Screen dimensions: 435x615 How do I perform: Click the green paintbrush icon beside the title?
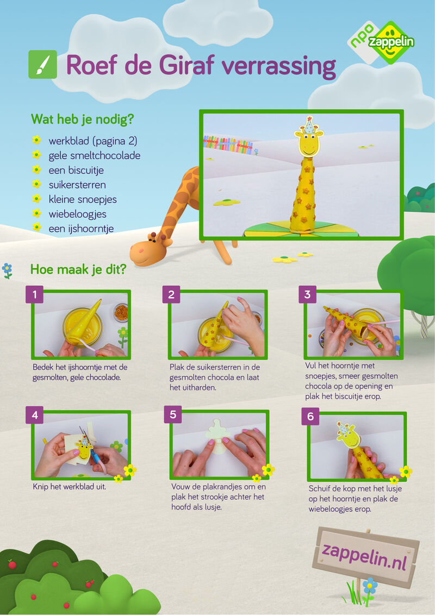click(x=42, y=64)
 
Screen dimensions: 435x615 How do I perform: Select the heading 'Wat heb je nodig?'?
click(x=83, y=119)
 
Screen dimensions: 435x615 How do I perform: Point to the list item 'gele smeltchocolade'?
click(x=94, y=156)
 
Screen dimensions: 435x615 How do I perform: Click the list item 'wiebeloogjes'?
click(x=77, y=214)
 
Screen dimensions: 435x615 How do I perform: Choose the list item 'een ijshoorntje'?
click(x=81, y=229)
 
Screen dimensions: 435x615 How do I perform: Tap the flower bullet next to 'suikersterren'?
click(x=36, y=184)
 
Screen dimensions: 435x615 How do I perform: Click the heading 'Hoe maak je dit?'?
click(x=78, y=269)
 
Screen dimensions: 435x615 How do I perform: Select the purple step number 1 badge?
click(x=35, y=294)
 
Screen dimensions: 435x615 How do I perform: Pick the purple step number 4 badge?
click(x=35, y=415)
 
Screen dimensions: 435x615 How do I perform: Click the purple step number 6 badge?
click(x=310, y=416)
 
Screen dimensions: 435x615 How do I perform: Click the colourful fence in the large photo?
click(x=228, y=145)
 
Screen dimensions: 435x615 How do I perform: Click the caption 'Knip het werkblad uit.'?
click(x=70, y=487)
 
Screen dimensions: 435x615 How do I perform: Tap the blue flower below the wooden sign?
click(x=369, y=586)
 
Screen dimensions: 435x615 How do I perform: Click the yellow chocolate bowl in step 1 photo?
click(x=82, y=327)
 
